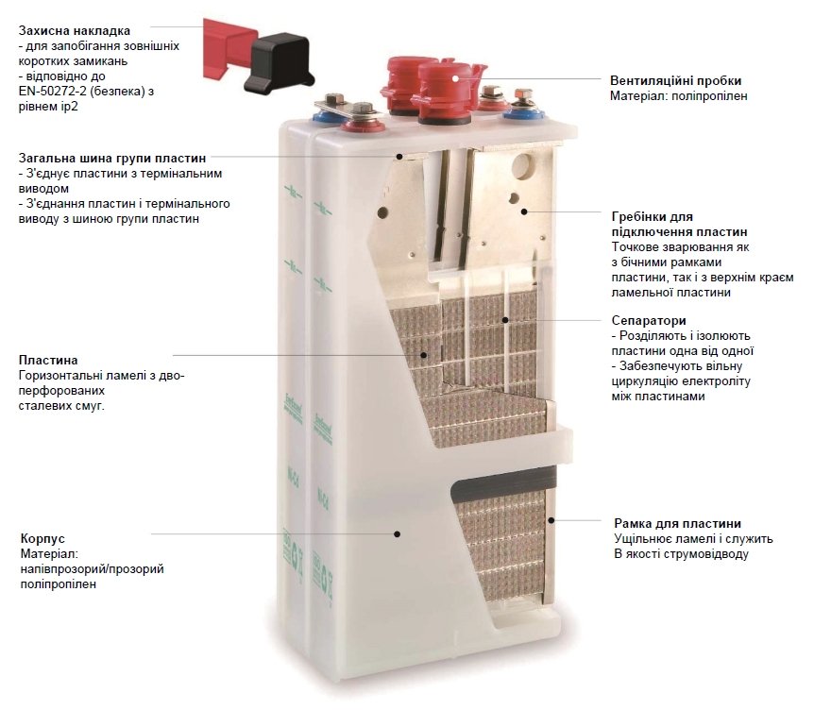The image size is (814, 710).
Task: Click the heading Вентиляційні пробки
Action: pyautogui.click(x=675, y=80)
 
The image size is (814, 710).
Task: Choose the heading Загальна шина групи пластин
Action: pyautogui.click(x=110, y=158)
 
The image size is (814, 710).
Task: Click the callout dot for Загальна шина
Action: pyautogui.click(x=400, y=158)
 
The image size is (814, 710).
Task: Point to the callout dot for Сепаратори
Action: pyautogui.click(x=505, y=321)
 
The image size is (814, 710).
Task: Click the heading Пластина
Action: pyautogui.click(x=48, y=361)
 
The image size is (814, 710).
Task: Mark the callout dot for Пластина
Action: pyautogui.click(x=424, y=355)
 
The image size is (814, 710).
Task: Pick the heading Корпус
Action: pyautogui.click(x=42, y=540)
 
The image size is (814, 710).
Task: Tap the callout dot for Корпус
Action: pyautogui.click(x=398, y=533)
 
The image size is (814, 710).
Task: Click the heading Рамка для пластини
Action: pyautogui.click(x=677, y=523)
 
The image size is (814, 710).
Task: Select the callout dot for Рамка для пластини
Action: pyautogui.click(x=551, y=520)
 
